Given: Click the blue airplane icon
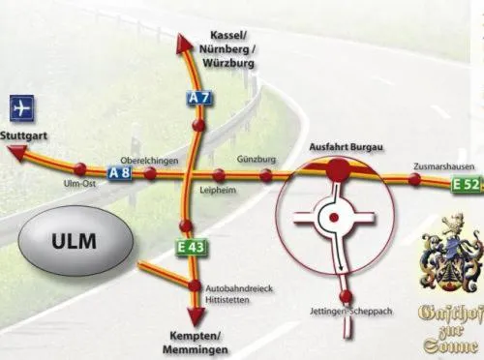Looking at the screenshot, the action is pos(22,108).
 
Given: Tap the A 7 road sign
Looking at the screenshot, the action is pos(199,98).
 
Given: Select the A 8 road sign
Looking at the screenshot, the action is pos(119,173).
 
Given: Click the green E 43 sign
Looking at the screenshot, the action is pos(191,248).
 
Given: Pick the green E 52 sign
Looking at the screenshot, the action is pos(467,184).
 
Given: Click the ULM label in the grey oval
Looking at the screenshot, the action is pos(74,241).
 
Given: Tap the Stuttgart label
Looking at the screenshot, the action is pos(23,135).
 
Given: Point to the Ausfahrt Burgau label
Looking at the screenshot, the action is pos(347,147).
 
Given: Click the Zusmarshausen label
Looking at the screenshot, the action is pos(444,166).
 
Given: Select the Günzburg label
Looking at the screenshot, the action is pos(257,159).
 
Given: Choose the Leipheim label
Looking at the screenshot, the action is pos(218,190).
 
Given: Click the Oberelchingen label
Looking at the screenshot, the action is pos(149,161).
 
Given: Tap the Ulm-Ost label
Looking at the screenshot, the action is pos(79,183).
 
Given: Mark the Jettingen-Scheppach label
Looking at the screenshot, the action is pos(351,312).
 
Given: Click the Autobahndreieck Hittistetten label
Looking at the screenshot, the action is pos(239,294).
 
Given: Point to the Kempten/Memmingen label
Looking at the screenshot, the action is pos(196,343).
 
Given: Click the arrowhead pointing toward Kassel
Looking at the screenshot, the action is pos(184,44).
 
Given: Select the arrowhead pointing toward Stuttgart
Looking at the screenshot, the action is pos(16,152).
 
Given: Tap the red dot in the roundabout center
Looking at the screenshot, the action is pos(334,217).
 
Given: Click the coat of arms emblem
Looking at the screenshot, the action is pos(452,254).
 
